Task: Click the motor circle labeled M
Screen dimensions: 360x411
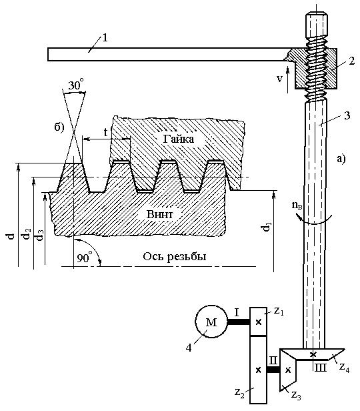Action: (x=211, y=322)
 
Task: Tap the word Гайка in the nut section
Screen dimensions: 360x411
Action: (x=179, y=139)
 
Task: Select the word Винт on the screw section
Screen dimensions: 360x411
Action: (x=160, y=214)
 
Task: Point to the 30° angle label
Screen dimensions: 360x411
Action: (x=76, y=85)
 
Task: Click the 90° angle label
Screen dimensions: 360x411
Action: (x=85, y=258)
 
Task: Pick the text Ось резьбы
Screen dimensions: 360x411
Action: (x=175, y=256)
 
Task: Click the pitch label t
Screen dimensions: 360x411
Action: (x=105, y=133)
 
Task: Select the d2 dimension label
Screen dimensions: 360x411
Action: (x=26, y=234)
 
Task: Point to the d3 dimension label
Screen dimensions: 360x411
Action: (x=39, y=235)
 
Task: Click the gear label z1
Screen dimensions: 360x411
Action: (x=279, y=311)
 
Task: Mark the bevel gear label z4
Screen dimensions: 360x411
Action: (x=345, y=368)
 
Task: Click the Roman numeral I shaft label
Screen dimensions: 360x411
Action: (x=237, y=312)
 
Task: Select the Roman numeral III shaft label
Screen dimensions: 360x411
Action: (x=320, y=368)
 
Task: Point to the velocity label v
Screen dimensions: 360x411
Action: (x=279, y=78)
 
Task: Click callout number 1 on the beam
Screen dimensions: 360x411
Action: (x=105, y=38)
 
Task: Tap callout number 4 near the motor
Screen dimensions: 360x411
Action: (x=189, y=348)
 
